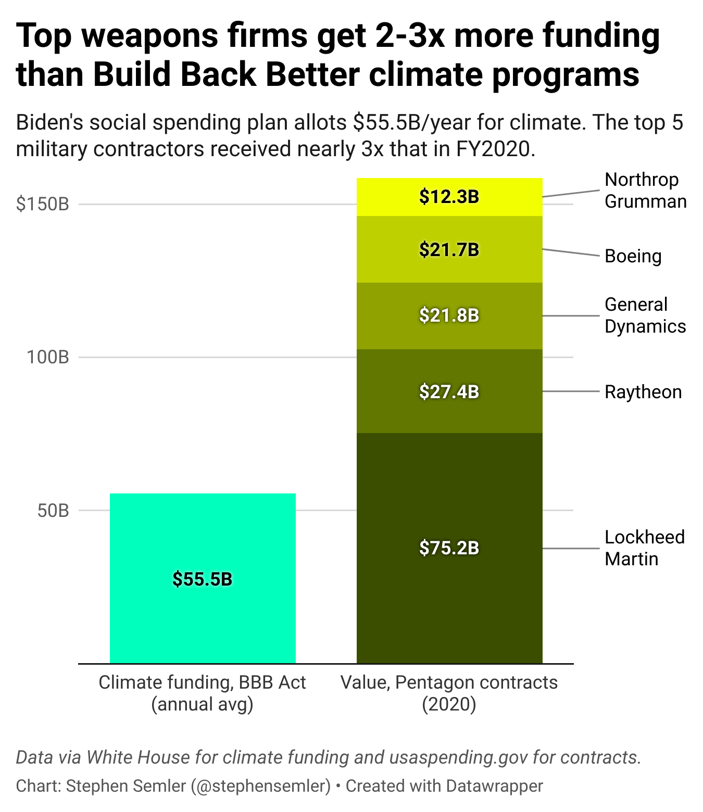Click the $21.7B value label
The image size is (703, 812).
449,250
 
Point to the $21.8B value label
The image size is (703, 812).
449,315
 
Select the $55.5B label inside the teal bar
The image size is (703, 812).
203,579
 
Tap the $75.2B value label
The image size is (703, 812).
449,548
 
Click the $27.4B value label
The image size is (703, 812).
449,391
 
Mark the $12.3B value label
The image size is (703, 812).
449,197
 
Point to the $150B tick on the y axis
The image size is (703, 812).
43,204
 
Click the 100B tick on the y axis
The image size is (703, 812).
48,357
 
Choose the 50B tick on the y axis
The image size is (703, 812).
53,511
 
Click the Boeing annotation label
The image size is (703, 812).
633,256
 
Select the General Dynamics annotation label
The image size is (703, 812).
645,315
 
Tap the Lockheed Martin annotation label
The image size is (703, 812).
644,548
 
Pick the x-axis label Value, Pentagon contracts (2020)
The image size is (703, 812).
449,693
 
